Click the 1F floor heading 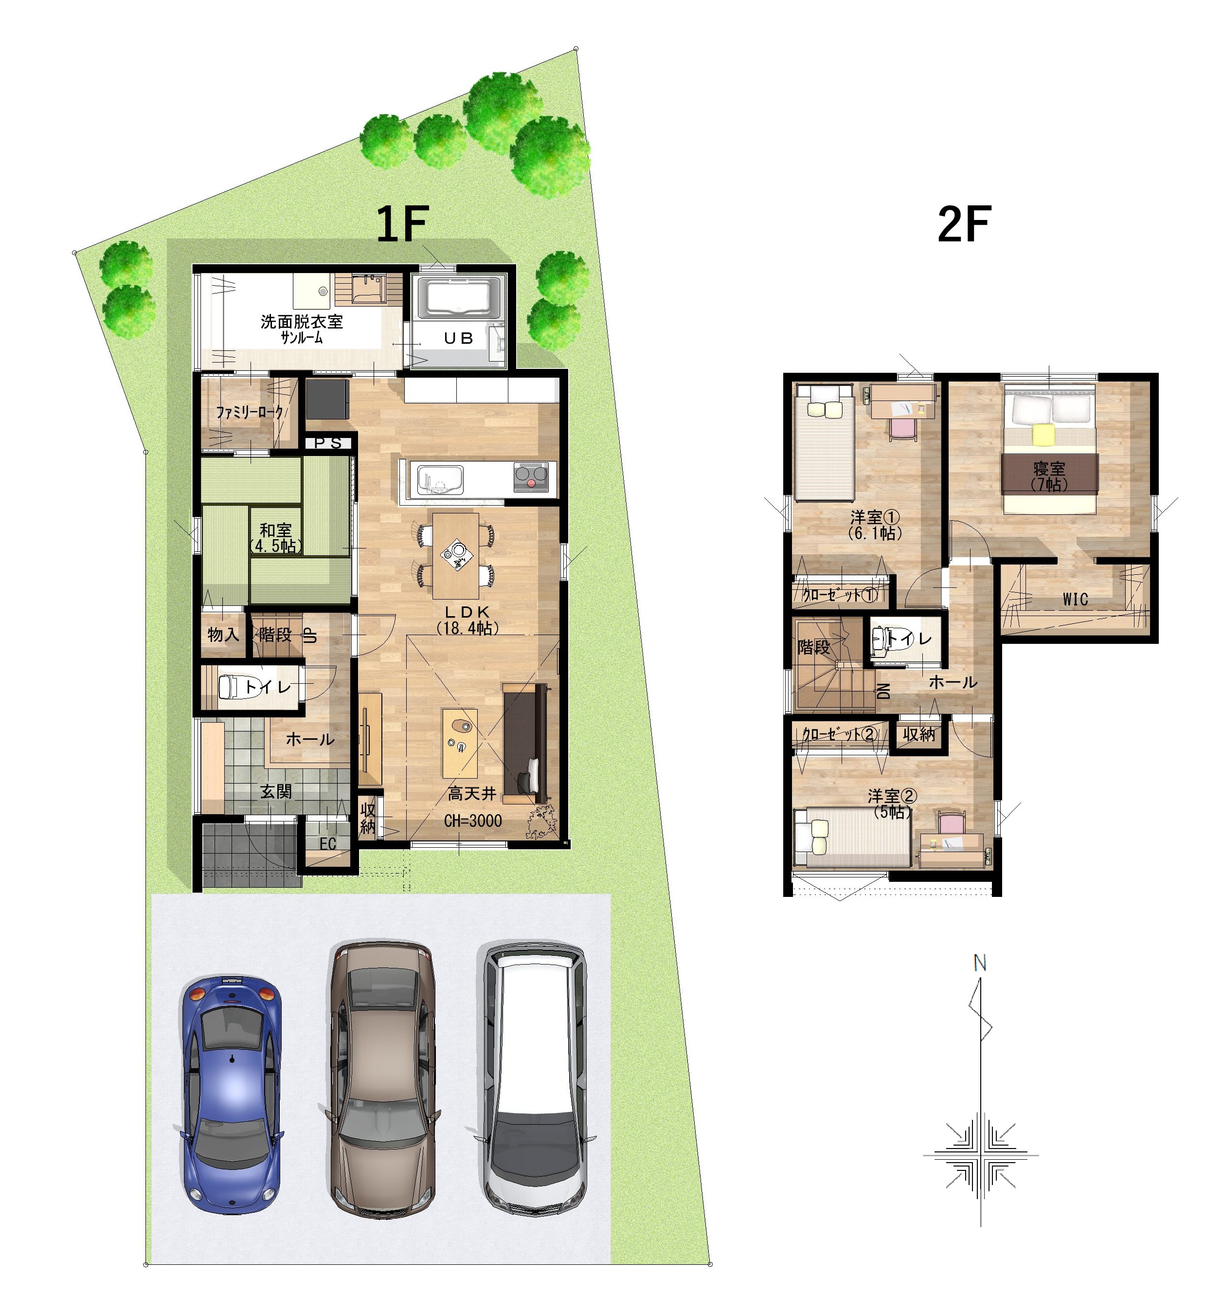[x=402, y=224]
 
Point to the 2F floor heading [x=964, y=224]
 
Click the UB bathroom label [x=458, y=338]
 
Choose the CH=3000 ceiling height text [x=473, y=821]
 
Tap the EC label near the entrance [x=327, y=843]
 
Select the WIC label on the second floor [x=1075, y=599]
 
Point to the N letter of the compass [x=979, y=964]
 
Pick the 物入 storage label [x=223, y=634]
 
